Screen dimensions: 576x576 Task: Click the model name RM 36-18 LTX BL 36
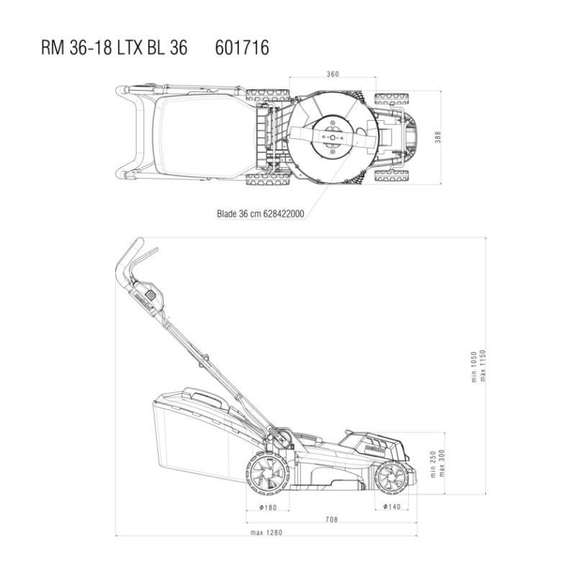pos(114,48)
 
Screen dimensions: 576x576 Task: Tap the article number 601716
pos(242,48)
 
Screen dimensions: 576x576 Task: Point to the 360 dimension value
pos(333,74)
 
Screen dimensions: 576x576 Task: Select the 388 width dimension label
pos(438,137)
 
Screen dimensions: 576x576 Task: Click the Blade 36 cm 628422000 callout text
pos(261,214)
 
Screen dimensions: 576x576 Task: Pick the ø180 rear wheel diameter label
pos(268,508)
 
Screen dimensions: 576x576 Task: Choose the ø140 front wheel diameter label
pos(392,507)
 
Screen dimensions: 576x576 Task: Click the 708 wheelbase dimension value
pos(331,519)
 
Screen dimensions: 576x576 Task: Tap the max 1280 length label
pos(266,532)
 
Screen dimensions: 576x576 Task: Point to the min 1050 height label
pos(474,366)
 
